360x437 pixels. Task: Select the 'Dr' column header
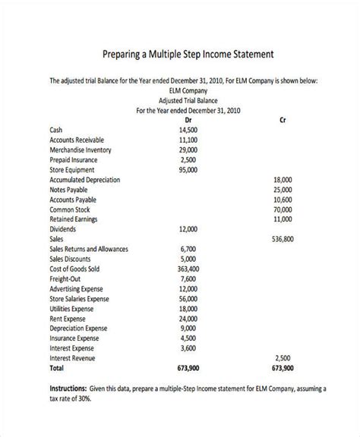pyautogui.click(x=188, y=119)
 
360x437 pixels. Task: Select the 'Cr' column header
pyautogui.click(x=283, y=119)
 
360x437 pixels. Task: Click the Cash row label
pyautogui.click(x=57, y=130)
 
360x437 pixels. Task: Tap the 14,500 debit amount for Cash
pyautogui.click(x=188, y=130)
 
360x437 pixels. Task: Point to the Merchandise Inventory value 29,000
pyautogui.click(x=188, y=149)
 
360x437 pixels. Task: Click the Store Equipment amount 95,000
pyautogui.click(x=188, y=169)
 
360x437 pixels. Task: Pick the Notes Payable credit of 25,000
pyautogui.click(x=283, y=189)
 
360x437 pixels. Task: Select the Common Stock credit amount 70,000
pyautogui.click(x=283, y=209)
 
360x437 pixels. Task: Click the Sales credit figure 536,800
pyautogui.click(x=283, y=238)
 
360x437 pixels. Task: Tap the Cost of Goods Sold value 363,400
pyautogui.click(x=188, y=268)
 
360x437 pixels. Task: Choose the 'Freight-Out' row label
pyautogui.click(x=66, y=278)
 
